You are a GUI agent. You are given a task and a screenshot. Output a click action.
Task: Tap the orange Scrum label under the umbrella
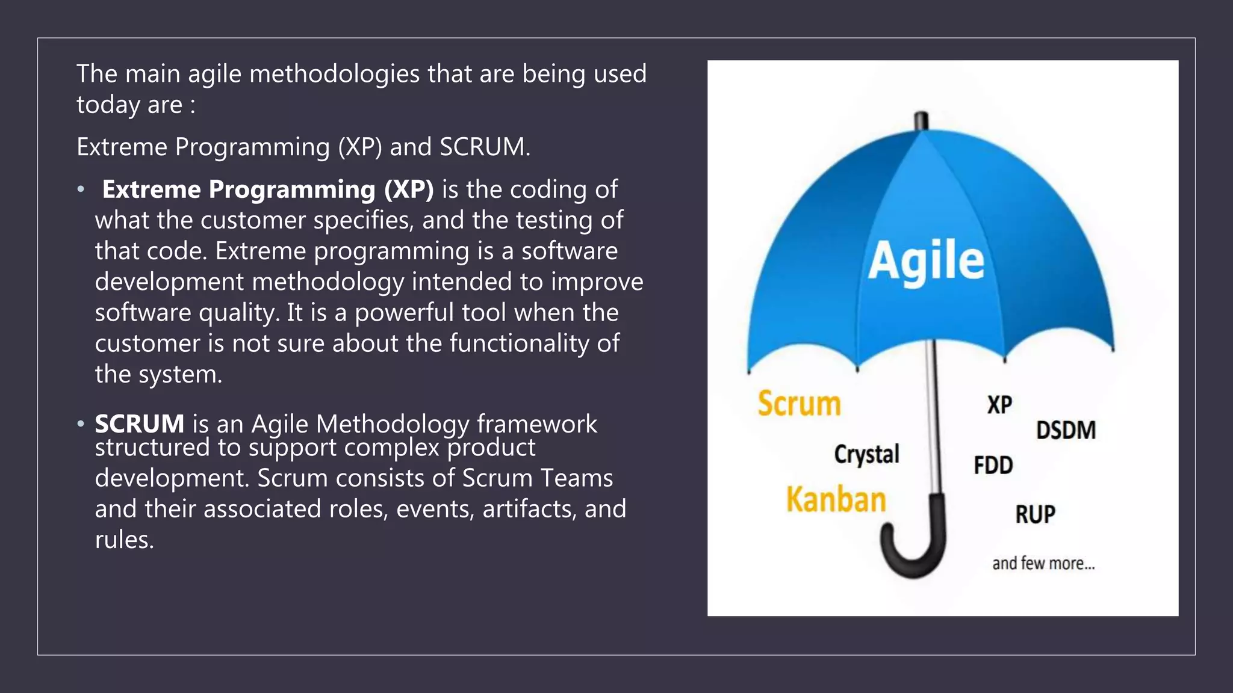tap(799, 403)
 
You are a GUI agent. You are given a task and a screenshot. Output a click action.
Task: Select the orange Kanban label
tap(836, 500)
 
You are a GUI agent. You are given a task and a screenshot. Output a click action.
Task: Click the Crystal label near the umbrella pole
tap(866, 454)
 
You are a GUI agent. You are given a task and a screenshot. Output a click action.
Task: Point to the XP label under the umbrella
tap(999, 405)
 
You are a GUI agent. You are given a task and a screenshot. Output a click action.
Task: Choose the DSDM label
tap(1066, 430)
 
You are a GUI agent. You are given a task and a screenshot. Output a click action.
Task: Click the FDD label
tap(993, 465)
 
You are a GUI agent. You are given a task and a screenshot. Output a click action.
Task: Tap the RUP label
tap(1035, 514)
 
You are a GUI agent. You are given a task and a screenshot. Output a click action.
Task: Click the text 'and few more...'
tap(1043, 564)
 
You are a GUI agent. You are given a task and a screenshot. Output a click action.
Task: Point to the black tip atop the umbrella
tap(921, 120)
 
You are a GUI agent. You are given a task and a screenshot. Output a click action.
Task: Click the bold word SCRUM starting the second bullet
tap(139, 424)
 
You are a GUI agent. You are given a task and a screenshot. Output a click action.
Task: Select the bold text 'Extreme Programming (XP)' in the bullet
tap(268, 189)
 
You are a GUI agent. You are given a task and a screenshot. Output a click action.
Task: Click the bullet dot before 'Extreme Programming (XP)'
tap(81, 189)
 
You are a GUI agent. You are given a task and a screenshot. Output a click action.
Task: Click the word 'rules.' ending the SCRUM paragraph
tap(124, 540)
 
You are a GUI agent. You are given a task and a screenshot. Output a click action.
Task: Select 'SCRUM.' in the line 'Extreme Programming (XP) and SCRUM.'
tap(485, 147)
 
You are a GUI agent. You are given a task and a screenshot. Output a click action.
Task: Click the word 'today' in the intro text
tap(108, 105)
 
